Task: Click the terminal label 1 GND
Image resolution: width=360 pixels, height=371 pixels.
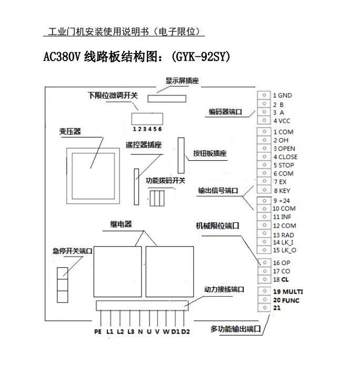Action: [x=282, y=95]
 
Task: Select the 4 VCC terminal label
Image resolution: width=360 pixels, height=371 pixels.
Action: [x=282, y=121]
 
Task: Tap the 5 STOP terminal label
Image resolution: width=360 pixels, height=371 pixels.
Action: [x=283, y=165]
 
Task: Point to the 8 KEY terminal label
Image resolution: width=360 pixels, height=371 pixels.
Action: [x=282, y=190]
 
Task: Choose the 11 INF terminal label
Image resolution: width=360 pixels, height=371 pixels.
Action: [x=282, y=217]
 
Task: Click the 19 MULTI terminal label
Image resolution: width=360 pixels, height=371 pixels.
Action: [x=288, y=291]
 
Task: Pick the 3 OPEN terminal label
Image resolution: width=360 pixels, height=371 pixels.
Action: [x=284, y=149]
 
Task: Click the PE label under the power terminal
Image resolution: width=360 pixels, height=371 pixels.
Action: [x=97, y=331]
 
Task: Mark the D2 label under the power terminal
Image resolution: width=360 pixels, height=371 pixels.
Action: [x=185, y=331]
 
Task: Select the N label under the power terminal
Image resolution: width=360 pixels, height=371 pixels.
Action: [x=140, y=331]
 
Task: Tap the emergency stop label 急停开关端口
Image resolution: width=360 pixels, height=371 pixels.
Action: [x=72, y=251]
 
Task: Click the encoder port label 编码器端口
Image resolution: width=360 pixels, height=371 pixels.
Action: [x=225, y=112]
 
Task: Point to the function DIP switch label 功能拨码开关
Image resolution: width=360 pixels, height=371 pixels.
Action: [x=165, y=181]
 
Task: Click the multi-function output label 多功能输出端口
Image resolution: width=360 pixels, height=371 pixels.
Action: [x=235, y=329]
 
